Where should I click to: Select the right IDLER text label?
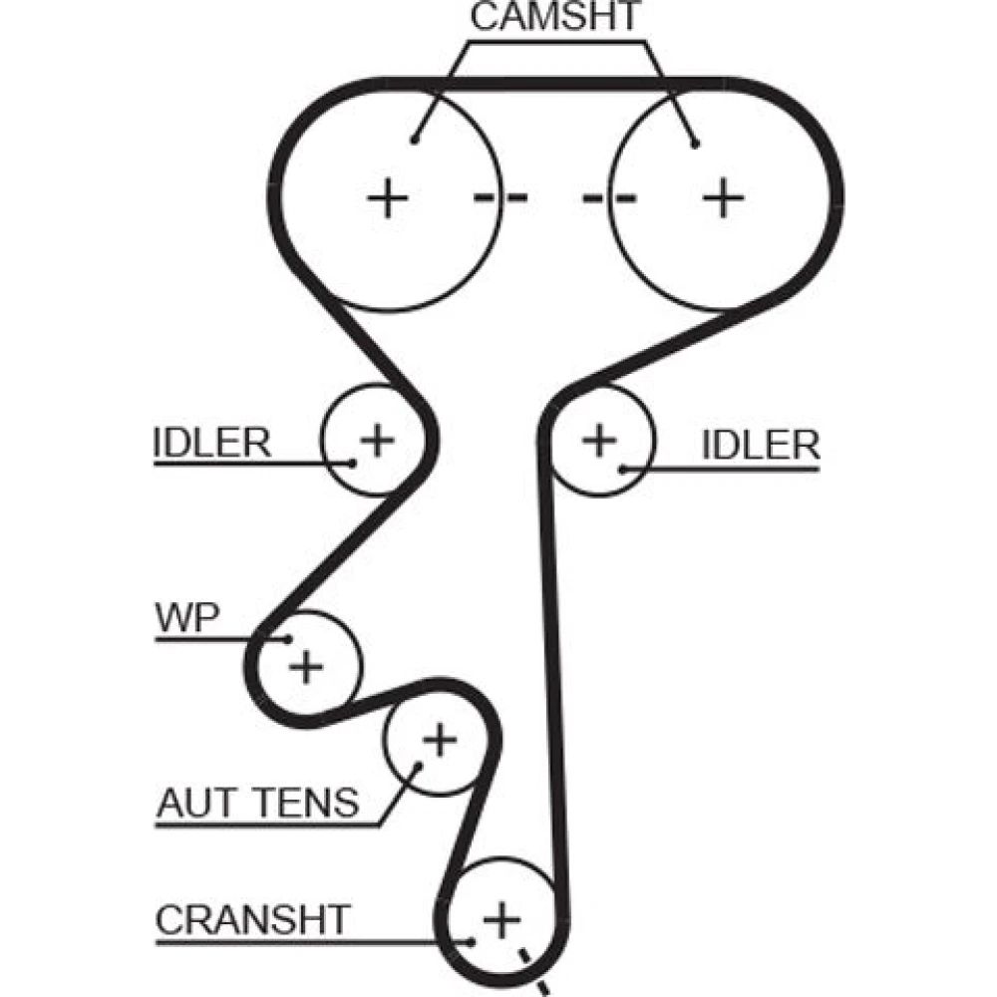760,445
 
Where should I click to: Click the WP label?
186,618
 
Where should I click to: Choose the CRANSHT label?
253,918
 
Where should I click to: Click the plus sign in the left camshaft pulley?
388,198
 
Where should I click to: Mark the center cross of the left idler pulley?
377,438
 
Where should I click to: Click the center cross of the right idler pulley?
599,439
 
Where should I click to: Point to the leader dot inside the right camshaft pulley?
695,143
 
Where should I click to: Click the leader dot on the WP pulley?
287,639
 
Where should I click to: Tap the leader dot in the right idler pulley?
622,467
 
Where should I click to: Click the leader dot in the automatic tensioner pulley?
418,766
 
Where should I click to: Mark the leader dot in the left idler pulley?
353,462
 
